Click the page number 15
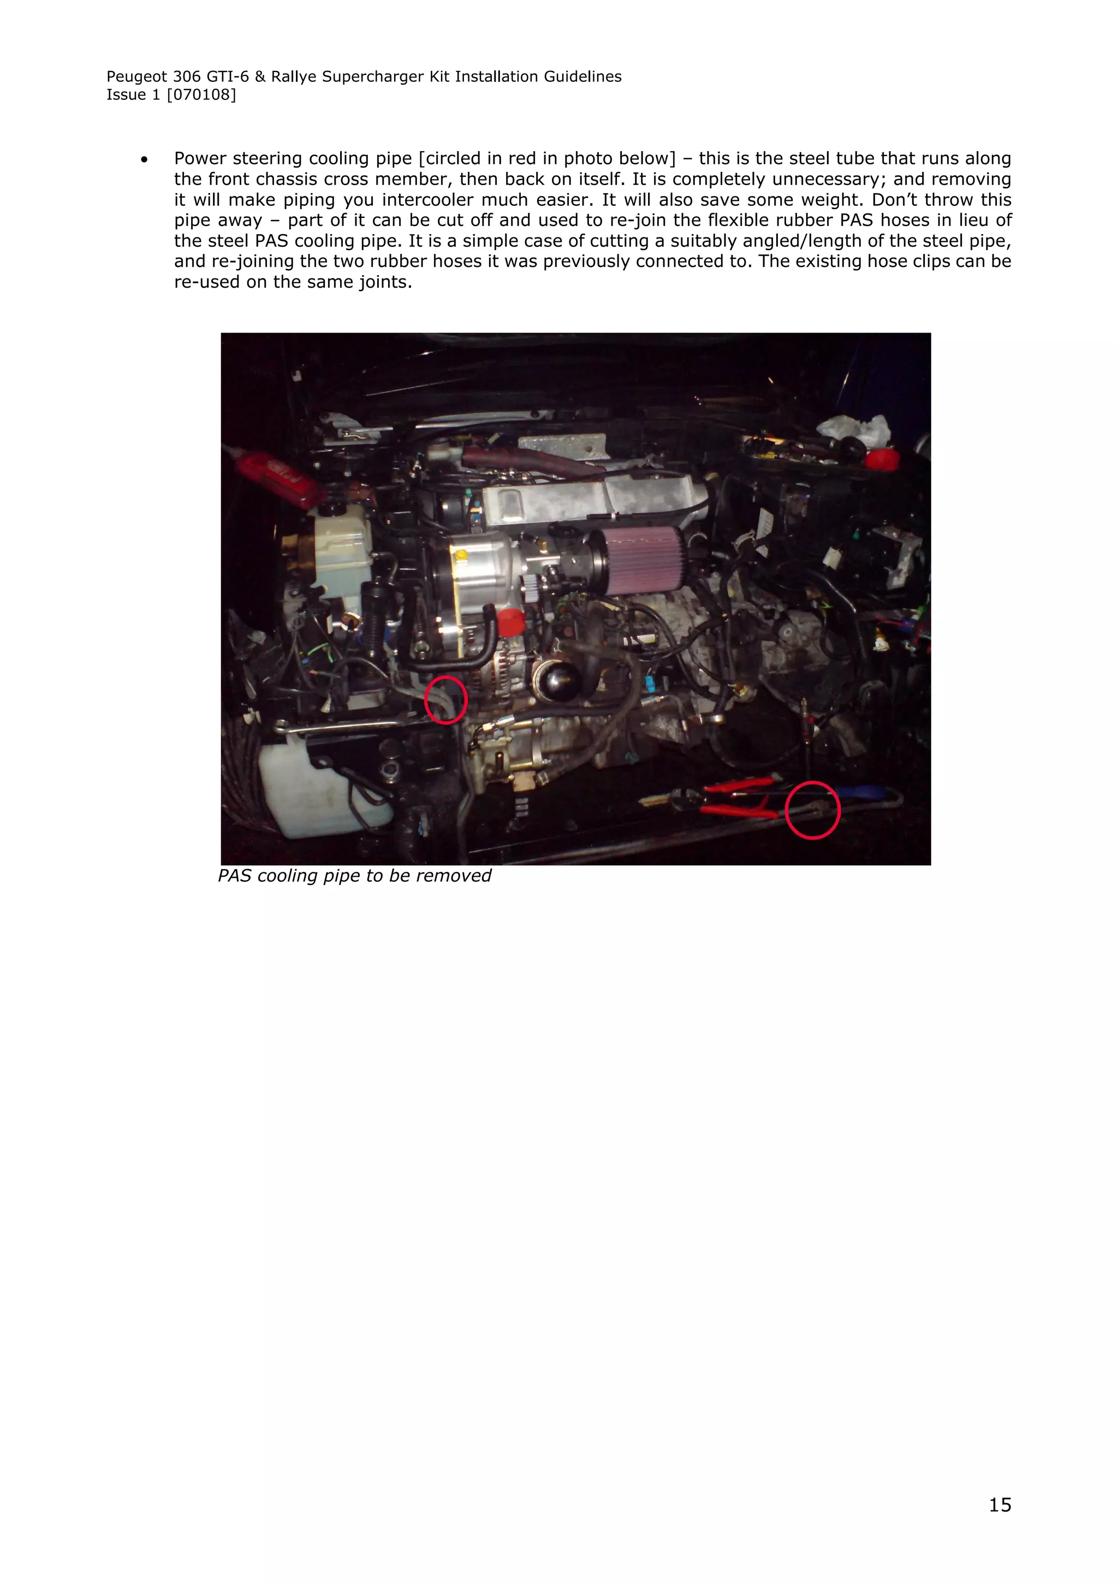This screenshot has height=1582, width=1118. [x=1000, y=1505]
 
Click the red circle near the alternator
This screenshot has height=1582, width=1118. [x=445, y=700]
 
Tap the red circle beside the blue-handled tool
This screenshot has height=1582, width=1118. [x=813, y=810]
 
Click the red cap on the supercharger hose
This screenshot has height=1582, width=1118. [x=510, y=622]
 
